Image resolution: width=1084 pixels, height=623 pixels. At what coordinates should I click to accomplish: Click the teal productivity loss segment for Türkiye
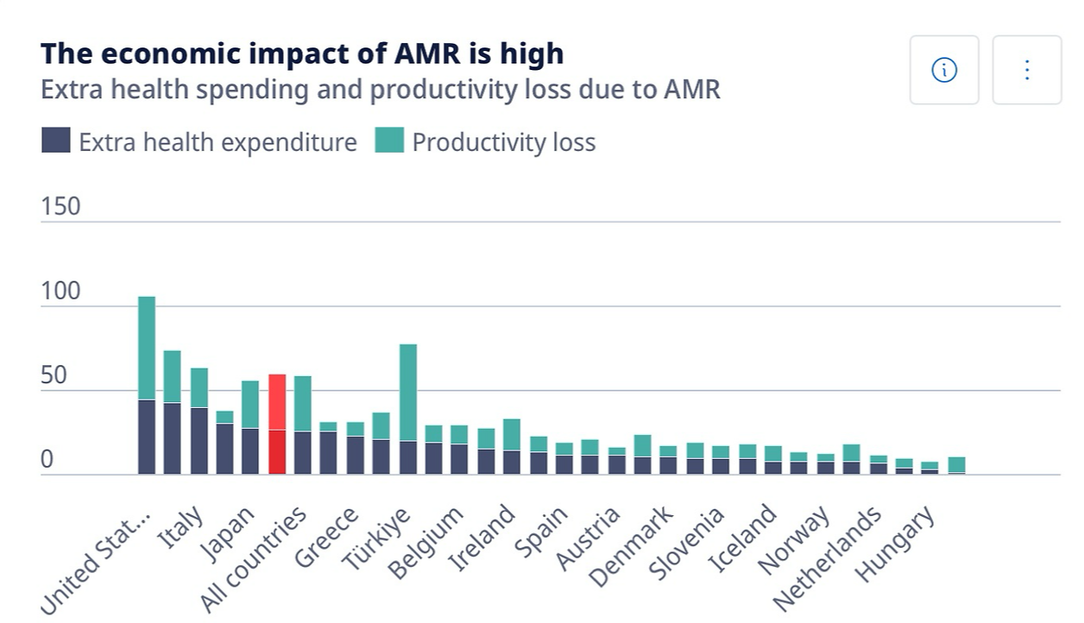(408, 393)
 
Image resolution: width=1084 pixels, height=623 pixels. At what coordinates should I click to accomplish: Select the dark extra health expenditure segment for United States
(147, 437)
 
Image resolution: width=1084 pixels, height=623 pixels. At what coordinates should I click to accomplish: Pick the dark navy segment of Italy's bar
(199, 440)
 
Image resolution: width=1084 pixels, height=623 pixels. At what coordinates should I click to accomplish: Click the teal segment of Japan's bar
(250, 404)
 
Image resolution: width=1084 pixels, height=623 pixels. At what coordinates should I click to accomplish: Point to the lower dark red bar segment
(277, 451)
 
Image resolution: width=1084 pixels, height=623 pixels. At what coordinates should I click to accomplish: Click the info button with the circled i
(944, 70)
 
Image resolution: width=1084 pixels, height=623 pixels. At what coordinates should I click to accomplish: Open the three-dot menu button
(1026, 70)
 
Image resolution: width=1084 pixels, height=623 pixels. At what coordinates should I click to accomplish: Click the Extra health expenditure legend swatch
(56, 141)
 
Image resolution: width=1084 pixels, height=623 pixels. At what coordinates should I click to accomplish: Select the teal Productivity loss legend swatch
(389, 141)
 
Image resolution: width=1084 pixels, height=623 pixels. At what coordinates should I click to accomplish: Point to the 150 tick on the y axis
(60, 206)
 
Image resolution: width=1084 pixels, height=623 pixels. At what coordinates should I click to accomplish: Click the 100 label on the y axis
(60, 291)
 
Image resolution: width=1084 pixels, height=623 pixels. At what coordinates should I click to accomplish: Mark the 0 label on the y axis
(47, 460)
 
